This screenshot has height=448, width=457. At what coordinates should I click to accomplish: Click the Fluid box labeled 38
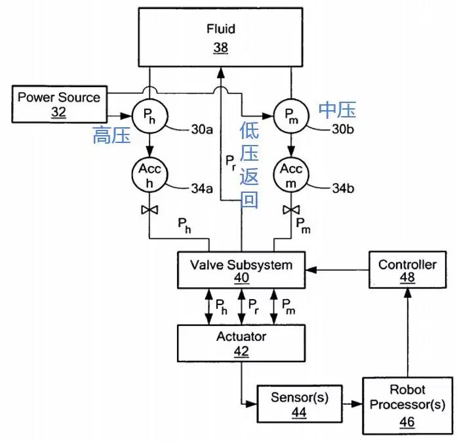(x=220, y=37)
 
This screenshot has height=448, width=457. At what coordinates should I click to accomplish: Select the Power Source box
(x=59, y=104)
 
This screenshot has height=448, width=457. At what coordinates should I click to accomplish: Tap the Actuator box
(x=241, y=343)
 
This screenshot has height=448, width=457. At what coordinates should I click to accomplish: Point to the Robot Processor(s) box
(x=407, y=405)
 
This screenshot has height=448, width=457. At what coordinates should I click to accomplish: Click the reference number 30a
(x=201, y=130)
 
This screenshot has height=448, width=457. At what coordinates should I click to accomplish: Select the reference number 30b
(x=343, y=129)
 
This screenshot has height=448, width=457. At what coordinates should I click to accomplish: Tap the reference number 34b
(x=343, y=190)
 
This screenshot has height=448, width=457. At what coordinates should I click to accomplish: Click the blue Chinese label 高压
(x=111, y=136)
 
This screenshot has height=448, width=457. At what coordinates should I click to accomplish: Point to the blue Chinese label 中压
(x=337, y=109)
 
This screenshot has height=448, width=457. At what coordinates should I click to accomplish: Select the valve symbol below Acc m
(x=290, y=210)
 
